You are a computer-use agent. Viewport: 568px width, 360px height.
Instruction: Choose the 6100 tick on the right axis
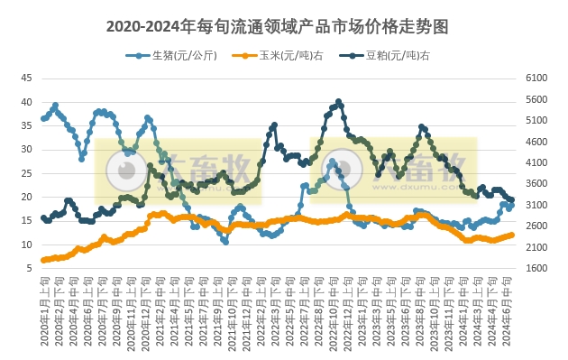(538, 78)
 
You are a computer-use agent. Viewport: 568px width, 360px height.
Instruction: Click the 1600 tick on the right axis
(538, 268)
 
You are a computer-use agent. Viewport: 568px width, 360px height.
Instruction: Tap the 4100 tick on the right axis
(538, 162)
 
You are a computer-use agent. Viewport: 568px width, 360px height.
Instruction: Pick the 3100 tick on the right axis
(538, 205)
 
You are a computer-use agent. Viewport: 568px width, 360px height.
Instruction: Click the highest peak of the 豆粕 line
(338, 102)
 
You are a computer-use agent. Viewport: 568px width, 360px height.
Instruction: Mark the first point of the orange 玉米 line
(43, 260)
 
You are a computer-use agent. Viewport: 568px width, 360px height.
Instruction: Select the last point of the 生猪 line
(512, 204)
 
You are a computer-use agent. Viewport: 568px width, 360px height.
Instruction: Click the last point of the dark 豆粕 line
(512, 199)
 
